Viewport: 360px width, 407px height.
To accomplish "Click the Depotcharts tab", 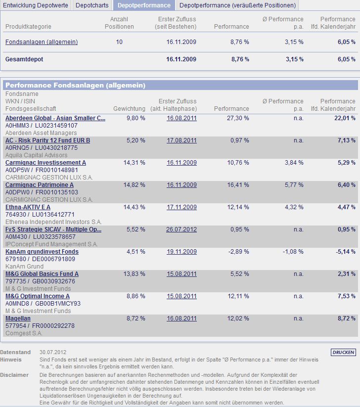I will click(92, 5).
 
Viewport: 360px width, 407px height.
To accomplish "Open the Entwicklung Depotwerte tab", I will click(36, 5).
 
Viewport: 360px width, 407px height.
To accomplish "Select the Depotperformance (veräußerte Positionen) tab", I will click(237, 5).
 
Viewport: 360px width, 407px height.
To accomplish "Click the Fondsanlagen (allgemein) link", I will click(42, 42).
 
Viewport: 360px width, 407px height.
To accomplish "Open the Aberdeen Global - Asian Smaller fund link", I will click(55, 118).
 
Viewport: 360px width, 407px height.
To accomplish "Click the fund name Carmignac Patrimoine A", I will click(40, 185).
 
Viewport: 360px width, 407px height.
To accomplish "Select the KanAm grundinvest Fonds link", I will click(42, 252).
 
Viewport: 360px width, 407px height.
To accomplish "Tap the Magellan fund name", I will click(18, 318).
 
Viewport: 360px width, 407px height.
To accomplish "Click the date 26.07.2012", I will click(181, 229).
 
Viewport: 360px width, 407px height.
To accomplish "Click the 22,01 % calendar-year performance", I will click(345, 118).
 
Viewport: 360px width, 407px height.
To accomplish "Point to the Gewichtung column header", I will click(129, 109).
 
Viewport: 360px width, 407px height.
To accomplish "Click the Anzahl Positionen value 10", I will click(119, 42).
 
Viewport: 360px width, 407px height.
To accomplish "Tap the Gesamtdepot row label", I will click(24, 59).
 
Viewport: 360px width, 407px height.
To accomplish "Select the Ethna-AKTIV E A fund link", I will click(28, 207).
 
